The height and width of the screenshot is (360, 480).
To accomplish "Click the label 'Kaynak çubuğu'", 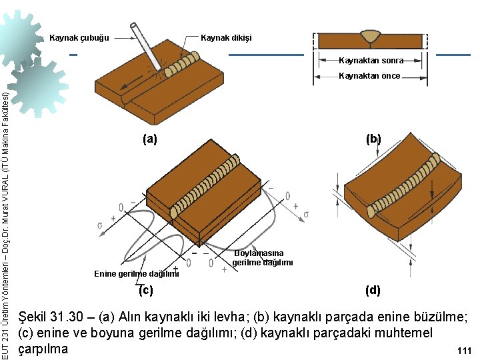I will tap(79, 37).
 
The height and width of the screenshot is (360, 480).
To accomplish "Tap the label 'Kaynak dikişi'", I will tap(226, 37).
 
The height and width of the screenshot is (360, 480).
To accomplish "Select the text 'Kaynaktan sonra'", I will tap(371, 60).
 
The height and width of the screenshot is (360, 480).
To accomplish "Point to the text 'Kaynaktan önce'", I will tap(369, 76).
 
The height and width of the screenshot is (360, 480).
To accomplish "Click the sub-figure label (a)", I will tap(150, 139).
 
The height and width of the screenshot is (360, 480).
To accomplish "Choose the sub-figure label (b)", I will tap(373, 139).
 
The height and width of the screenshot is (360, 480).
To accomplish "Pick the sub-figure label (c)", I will tap(145, 290).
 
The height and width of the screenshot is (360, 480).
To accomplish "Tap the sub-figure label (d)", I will tap(373, 290).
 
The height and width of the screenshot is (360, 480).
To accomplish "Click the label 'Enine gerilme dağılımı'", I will tap(137, 274).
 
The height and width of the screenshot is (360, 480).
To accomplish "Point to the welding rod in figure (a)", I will tap(147, 45).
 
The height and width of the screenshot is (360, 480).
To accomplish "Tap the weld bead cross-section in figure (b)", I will tap(370, 33).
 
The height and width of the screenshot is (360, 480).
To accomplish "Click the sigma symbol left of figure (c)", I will tap(100, 224).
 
